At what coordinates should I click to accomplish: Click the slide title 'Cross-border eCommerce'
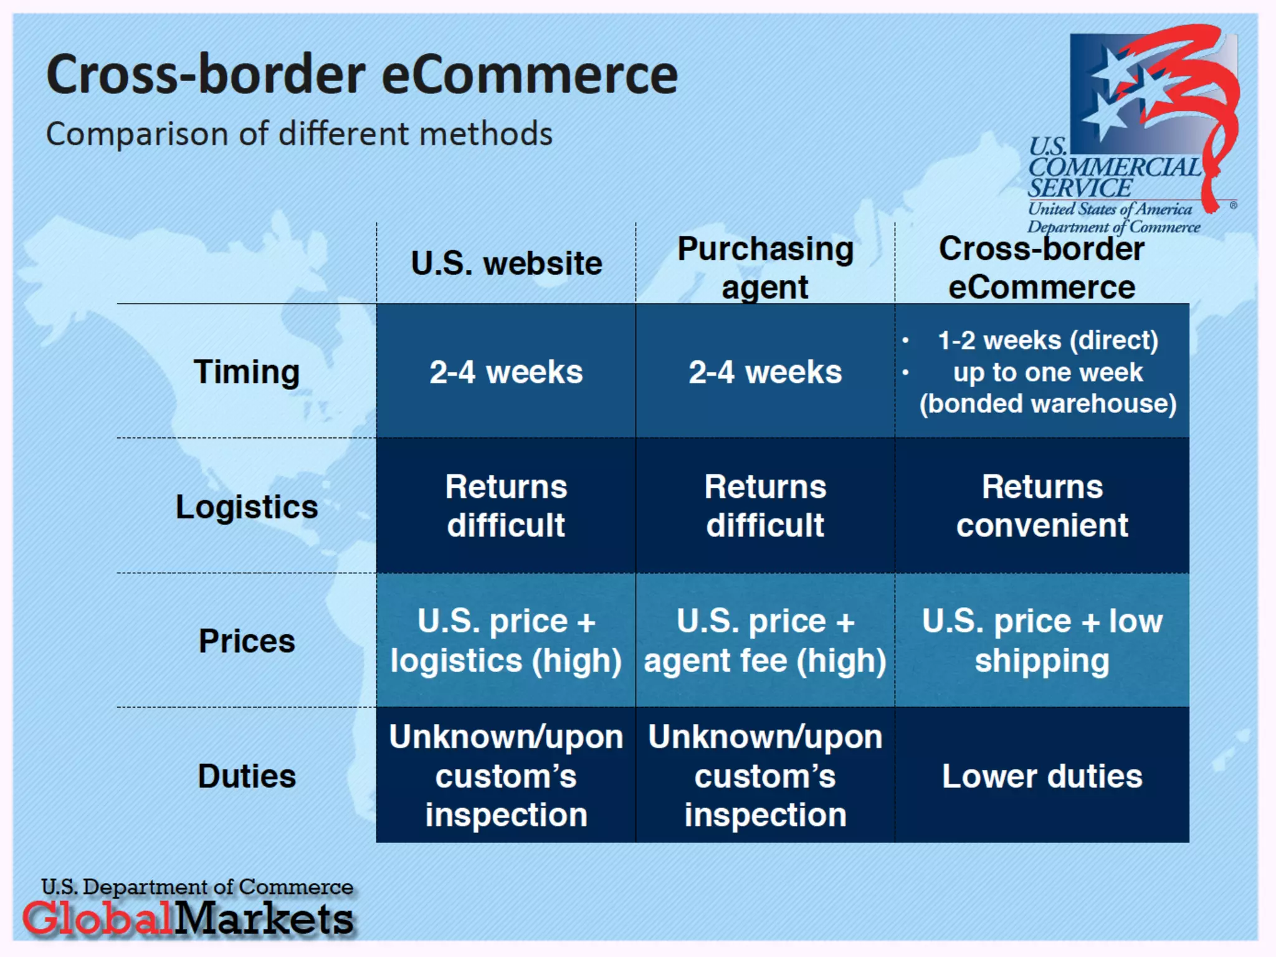pos(361,75)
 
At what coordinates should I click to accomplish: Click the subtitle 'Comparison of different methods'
pos(299,134)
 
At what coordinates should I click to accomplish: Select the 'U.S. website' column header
pos(506,264)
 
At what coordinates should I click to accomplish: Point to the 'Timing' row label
pos(247,372)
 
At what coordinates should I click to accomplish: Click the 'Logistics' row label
pos(247,507)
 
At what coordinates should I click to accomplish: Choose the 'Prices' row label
pos(247,641)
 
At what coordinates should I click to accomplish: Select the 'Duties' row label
pos(247,776)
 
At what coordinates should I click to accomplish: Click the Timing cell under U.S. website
pos(506,372)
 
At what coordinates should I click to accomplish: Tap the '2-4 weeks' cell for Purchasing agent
pos(765,372)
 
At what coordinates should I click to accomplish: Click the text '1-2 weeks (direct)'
pos(1048,340)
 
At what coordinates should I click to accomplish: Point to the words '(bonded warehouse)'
pos(1048,404)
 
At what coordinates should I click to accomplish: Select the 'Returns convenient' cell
pos(1042,506)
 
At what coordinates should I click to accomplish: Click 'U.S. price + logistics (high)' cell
pos(506,640)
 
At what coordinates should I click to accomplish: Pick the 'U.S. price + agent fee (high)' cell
pos(765,640)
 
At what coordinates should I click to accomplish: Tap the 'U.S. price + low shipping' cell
pos(1042,640)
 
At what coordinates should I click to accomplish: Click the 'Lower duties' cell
pos(1042,776)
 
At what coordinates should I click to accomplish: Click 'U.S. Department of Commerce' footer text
pos(197,887)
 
